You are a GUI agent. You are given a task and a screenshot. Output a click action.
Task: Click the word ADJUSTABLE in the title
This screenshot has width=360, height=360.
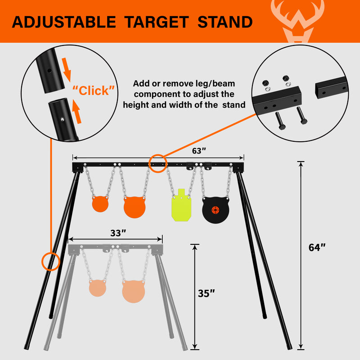pyautogui.click(x=64, y=22)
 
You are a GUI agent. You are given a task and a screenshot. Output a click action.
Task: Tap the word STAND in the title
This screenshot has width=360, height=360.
pyautogui.click(x=225, y=22)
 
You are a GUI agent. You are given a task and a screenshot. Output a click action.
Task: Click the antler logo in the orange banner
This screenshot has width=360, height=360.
pyautogui.click(x=298, y=21)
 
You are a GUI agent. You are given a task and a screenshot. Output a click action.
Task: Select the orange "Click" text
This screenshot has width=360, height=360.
pyautogui.click(x=94, y=90)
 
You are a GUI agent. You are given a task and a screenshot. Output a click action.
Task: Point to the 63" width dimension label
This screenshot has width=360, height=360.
pyautogui.click(x=199, y=151)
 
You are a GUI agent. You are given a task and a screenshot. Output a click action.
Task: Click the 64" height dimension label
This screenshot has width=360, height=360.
pyautogui.click(x=317, y=247)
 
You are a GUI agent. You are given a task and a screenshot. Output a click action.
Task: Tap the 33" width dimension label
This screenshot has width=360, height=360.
pyautogui.click(x=118, y=233)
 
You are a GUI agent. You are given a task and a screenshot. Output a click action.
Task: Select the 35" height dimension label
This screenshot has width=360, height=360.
pyautogui.click(x=206, y=293)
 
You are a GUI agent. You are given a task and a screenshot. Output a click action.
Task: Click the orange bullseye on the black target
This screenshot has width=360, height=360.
pyautogui.click(x=216, y=210)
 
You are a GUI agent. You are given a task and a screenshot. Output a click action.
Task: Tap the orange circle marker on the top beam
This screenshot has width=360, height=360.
pyautogui.click(x=158, y=163)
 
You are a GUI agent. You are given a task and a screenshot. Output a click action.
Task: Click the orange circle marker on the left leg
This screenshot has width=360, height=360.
pyautogui.click(x=51, y=261)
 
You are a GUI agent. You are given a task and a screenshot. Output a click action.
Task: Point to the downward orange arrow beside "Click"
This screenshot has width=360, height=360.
pyautogui.click(x=67, y=70)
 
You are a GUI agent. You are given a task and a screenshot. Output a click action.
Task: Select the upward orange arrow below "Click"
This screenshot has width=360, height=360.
pyautogui.click(x=76, y=112)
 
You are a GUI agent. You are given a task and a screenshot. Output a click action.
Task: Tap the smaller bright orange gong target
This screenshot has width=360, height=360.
pyautogui.click(x=100, y=204)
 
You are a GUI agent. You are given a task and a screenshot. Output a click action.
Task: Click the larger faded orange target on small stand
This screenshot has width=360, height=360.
pyautogui.click(x=134, y=291)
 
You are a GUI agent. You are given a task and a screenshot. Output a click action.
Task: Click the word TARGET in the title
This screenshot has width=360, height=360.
pyautogui.click(x=157, y=22)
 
